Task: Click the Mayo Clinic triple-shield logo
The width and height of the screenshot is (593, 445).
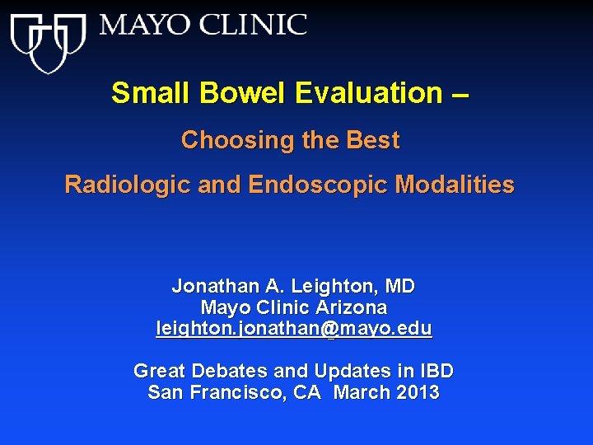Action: click(48, 41)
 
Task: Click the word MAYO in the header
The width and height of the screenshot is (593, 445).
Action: click(140, 25)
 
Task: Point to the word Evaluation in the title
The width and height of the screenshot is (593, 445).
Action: click(367, 93)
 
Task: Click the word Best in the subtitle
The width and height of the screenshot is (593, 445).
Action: click(372, 140)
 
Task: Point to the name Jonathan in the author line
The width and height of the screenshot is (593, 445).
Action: click(214, 287)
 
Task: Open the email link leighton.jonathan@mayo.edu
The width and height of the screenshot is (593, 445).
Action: click(294, 329)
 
